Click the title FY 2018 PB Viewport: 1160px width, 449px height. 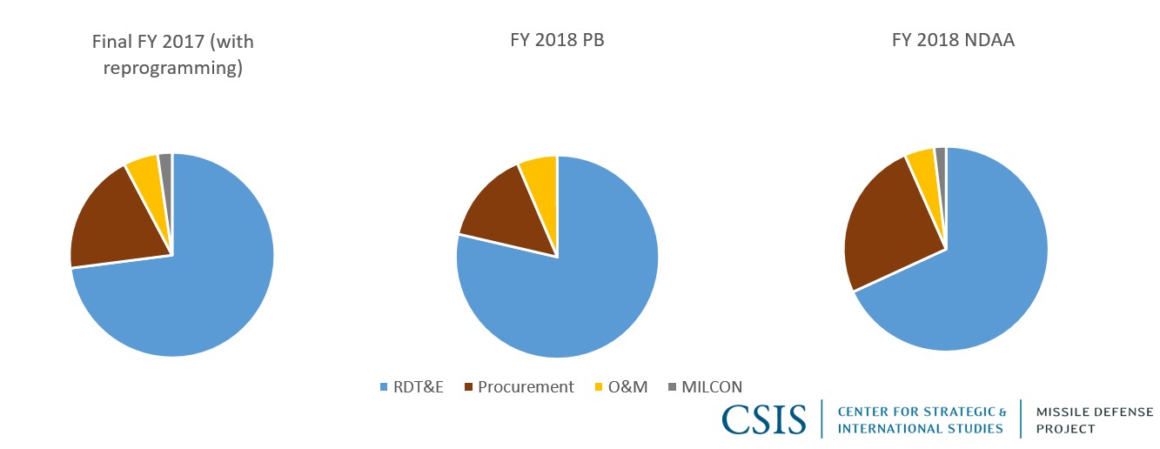tap(557, 41)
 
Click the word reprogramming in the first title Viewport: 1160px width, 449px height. tap(172, 67)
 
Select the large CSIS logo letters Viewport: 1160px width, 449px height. tap(765, 419)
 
